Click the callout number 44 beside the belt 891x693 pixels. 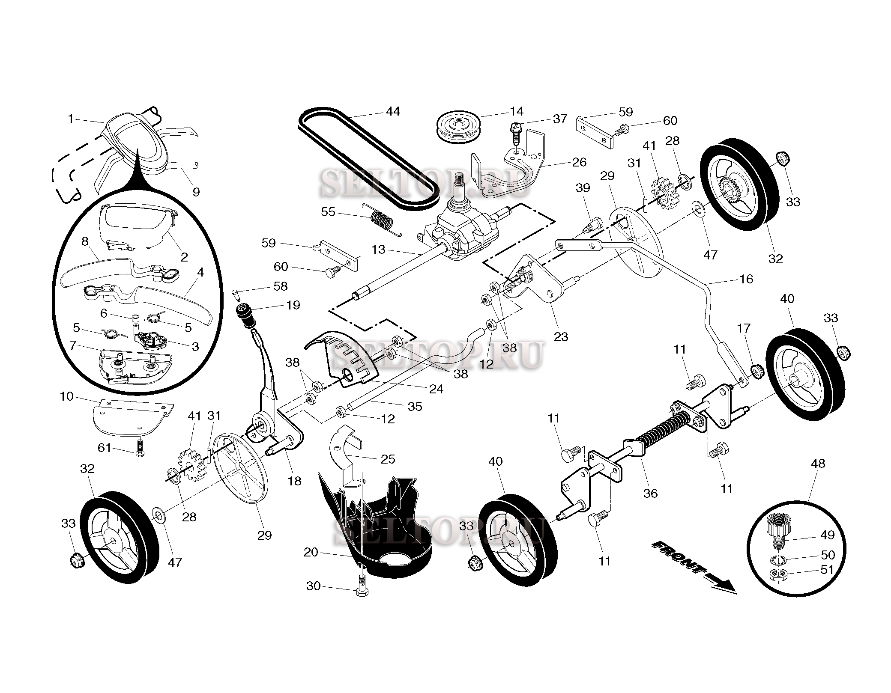392,112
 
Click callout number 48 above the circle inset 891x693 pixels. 817,463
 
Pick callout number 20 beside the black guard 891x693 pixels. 311,552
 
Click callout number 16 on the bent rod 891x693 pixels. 746,279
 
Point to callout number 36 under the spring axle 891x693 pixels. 650,494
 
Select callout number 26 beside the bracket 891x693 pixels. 579,162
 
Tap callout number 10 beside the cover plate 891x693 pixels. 66,396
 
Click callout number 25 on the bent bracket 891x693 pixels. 387,459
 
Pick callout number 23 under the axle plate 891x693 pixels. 560,336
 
